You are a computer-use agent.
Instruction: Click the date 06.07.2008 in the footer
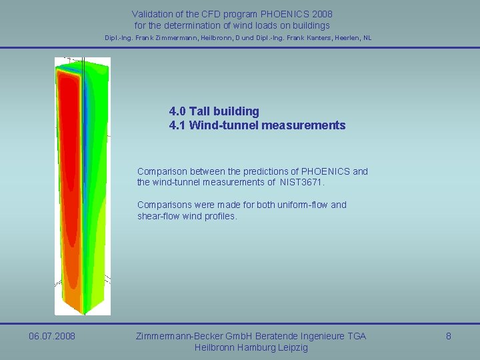click(52, 336)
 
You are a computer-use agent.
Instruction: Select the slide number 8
click(448, 336)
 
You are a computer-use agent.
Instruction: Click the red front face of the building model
click(67, 187)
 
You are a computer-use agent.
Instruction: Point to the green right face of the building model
click(97, 200)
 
